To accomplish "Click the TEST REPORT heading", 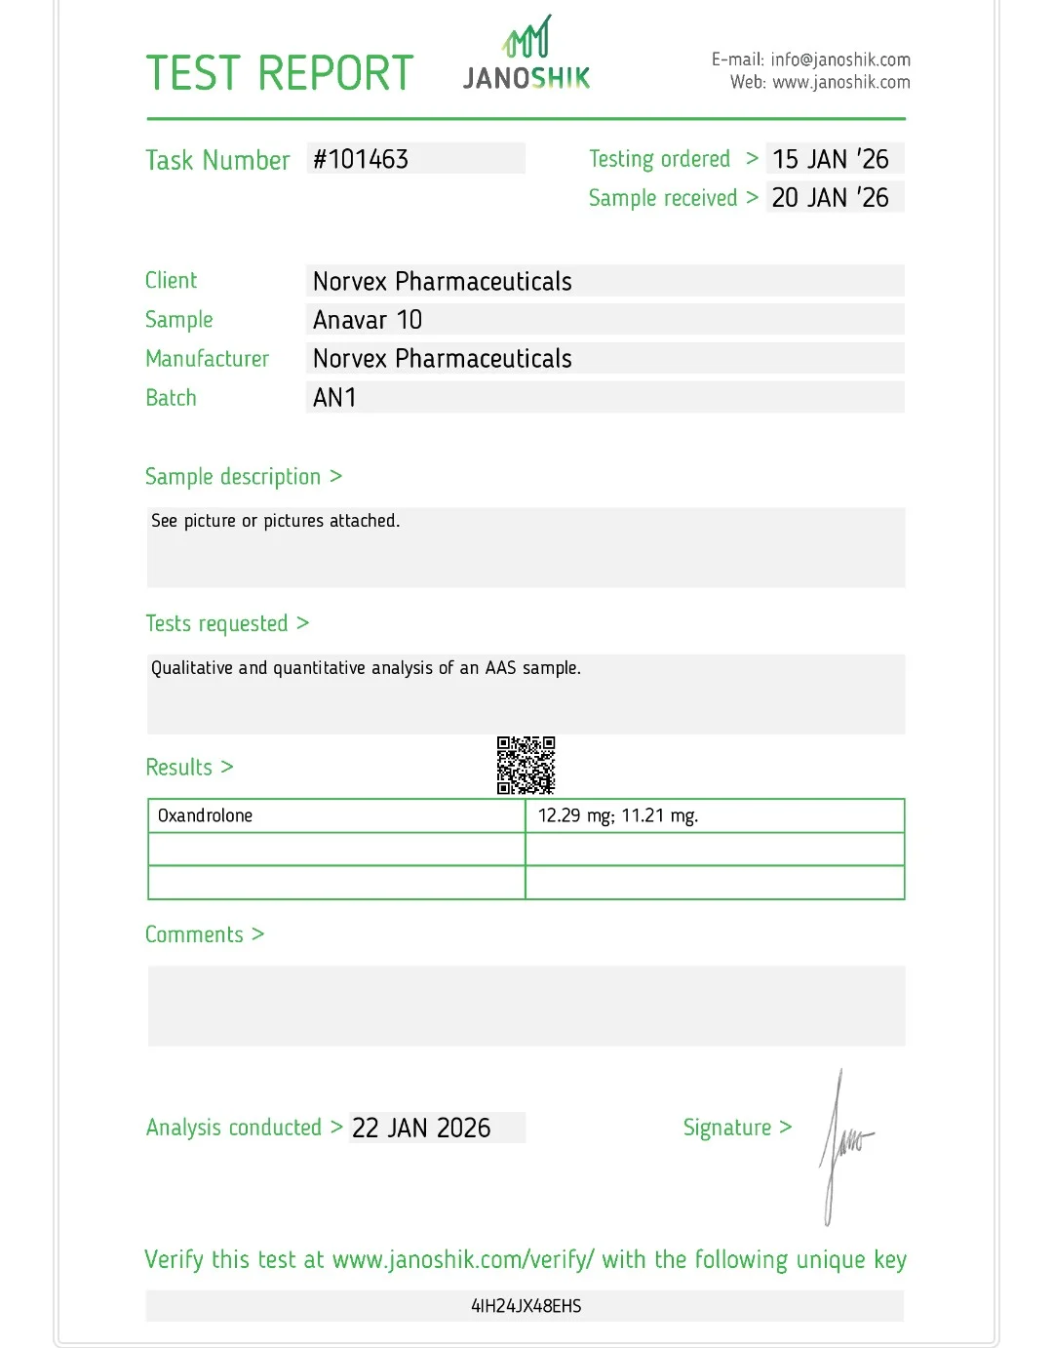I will [x=280, y=73].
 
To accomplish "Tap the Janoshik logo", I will [x=526, y=55].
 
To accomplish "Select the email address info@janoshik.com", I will [x=839, y=59].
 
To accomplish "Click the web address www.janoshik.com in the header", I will [x=840, y=83].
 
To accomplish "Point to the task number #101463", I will [x=361, y=159].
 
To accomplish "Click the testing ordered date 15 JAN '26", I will [x=831, y=159].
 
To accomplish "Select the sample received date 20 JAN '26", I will [x=831, y=198].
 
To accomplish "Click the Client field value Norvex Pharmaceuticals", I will [x=443, y=282].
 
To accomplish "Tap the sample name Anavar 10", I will [x=368, y=320].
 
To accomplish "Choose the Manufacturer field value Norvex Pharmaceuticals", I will [x=443, y=359].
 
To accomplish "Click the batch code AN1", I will [x=334, y=398].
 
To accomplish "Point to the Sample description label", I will [x=233, y=477].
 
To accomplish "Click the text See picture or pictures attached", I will [x=275, y=521].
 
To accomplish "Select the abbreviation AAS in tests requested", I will [x=500, y=668].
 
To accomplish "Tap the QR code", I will [x=526, y=766].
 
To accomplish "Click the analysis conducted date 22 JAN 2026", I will [x=421, y=1129].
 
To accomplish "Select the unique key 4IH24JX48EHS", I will [x=526, y=1306].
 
